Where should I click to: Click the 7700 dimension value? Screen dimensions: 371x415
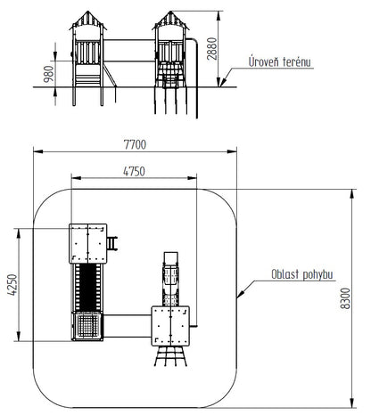point(135,145)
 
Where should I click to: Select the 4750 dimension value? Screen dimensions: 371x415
point(134,172)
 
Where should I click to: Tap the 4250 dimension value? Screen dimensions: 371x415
point(12,285)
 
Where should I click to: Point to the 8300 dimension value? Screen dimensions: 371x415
point(345,298)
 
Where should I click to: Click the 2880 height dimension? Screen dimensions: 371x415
point(212,49)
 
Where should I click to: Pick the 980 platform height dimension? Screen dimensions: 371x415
point(49,74)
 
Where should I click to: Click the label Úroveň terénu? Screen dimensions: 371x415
point(280,61)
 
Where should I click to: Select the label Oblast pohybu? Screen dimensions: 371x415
point(302,274)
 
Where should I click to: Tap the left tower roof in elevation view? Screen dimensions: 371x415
point(88,20)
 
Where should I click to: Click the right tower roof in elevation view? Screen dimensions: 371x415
point(170,20)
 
